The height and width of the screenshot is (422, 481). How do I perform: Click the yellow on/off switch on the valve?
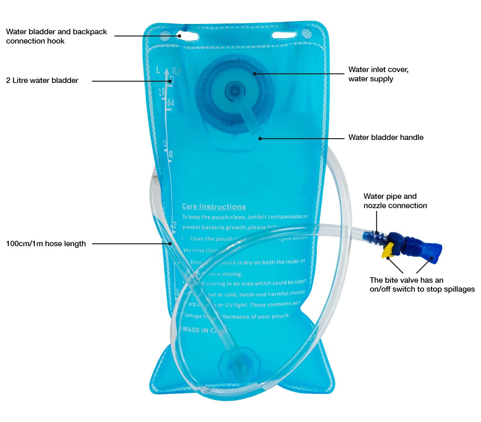(x=388, y=250)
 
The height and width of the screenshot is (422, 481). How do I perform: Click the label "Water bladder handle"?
(x=386, y=137)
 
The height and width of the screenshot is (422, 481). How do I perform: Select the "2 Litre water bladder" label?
(x=42, y=80)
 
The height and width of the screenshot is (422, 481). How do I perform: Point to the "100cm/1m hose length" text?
(x=46, y=244)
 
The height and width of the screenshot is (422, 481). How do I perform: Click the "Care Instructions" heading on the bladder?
(x=214, y=207)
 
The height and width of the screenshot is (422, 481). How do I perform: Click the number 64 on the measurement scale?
(x=170, y=103)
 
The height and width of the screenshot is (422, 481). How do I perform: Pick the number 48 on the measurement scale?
(x=170, y=154)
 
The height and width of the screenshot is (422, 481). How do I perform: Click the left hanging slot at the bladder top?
(x=187, y=36)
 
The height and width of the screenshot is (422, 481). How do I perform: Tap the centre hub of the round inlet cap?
(x=235, y=92)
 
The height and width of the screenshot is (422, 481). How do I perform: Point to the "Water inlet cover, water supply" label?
(x=378, y=74)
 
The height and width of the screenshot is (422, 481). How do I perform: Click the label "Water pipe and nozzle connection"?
(x=395, y=201)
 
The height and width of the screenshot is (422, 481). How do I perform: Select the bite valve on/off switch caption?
(x=422, y=285)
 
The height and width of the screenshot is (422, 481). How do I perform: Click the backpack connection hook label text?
(x=56, y=36)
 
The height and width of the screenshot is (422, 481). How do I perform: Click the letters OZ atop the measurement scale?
(x=176, y=71)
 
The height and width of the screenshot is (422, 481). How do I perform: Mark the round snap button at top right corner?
(x=307, y=33)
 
